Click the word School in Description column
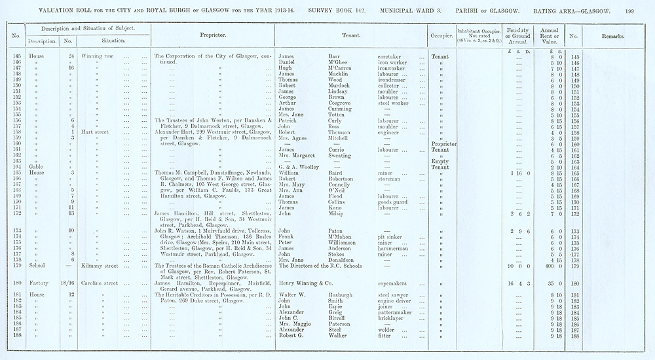37,266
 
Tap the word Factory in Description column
39,283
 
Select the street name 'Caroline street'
98,283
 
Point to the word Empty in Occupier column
440,161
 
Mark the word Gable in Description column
37,168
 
